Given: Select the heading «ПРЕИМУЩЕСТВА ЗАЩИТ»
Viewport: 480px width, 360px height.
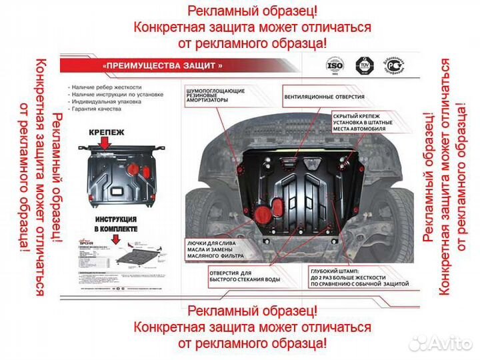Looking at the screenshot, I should coord(163,66).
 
